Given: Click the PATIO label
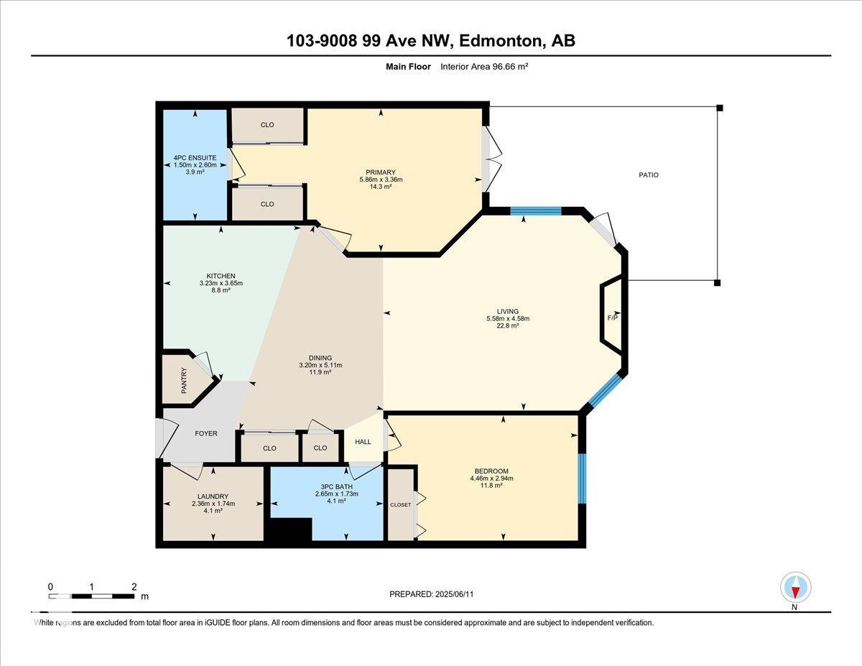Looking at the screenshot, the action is (x=649, y=175).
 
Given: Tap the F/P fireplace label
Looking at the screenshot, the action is (x=613, y=318).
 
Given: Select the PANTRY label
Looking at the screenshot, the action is (x=184, y=380).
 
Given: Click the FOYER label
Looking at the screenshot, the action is (x=206, y=433).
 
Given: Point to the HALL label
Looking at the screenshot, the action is (x=363, y=442).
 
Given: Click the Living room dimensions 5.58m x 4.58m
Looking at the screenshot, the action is (x=508, y=318).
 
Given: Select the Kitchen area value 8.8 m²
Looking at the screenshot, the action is (x=221, y=290).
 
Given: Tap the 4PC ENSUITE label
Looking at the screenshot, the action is (x=195, y=157).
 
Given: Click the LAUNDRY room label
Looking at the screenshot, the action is (x=213, y=496).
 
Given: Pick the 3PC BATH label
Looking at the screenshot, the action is (x=336, y=486).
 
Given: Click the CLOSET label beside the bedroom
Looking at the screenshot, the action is (x=401, y=505).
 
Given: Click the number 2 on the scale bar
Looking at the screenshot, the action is (x=134, y=587).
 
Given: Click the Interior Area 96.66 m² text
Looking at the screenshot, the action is (x=484, y=67).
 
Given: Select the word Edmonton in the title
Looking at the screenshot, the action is (x=501, y=40).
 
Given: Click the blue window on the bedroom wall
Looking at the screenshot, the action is (x=582, y=478).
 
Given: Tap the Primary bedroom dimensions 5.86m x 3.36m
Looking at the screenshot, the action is (x=381, y=180).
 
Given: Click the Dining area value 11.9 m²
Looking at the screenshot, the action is (x=320, y=372).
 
